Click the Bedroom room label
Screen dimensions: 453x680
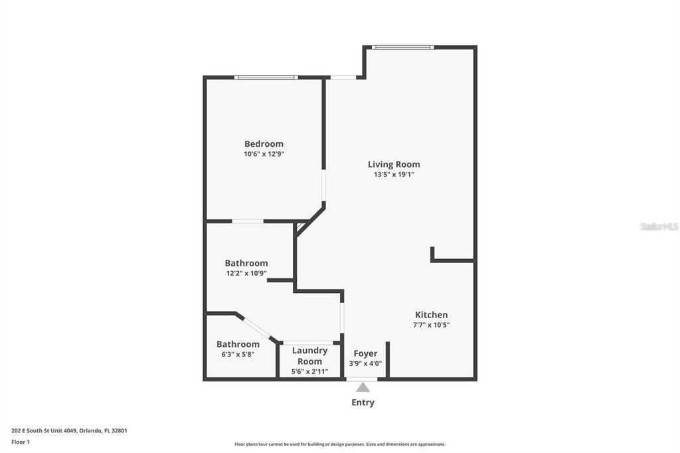pos(264,143)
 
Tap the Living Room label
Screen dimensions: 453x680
pos(394,164)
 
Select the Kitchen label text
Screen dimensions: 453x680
pos(431,315)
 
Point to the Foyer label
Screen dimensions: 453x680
pos(365,353)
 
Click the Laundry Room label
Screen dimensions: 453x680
pos(309,355)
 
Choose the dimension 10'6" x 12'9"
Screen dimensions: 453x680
pos(264,154)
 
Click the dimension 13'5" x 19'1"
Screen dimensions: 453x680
pos(394,175)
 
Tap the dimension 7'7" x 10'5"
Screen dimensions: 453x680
pos(431,325)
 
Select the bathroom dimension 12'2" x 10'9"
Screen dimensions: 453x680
pos(246,273)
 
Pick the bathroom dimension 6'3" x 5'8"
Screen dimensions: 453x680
pos(237,354)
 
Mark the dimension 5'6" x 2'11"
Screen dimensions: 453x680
pos(309,371)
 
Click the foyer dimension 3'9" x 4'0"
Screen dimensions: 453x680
pos(365,363)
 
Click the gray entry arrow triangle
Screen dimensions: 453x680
pos(363,387)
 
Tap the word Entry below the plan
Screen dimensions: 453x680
pos(363,403)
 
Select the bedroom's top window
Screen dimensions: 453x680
pos(265,78)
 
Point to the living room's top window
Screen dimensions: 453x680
pos(402,47)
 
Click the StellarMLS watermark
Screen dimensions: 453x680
pos(659,226)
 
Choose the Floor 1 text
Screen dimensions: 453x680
pos(21,442)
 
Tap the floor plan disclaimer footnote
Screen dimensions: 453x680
pos(339,444)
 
